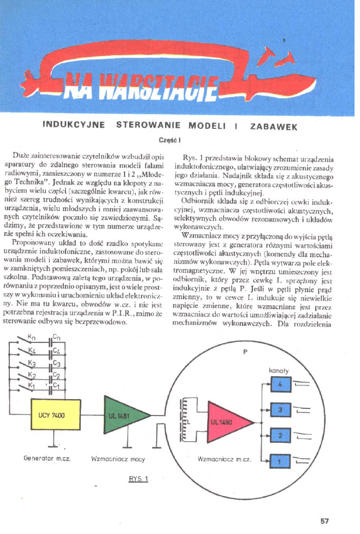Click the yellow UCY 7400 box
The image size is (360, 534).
coord(52,416)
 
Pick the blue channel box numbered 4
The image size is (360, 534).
coord(279,385)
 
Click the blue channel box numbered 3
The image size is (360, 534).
coord(279,410)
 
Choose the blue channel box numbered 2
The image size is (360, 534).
coord(279,435)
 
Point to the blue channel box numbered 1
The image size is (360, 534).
coord(279,462)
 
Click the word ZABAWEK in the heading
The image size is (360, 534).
coord(273,127)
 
